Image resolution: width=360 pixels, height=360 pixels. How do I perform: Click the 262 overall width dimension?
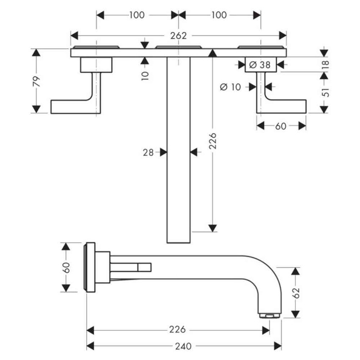point(178,36)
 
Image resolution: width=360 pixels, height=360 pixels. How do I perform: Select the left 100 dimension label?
point(136,15)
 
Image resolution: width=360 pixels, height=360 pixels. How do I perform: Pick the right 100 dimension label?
point(219,15)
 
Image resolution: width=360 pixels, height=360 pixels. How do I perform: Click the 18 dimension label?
point(324,64)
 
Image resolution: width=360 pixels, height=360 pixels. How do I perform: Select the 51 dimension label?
point(324,92)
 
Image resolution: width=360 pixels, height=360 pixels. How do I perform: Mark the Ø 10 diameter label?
point(230,86)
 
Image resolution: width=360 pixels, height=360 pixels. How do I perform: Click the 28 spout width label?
point(148,152)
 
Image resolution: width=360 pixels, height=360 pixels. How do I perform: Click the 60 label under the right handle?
point(281,126)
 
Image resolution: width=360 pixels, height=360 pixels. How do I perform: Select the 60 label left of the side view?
point(66,267)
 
